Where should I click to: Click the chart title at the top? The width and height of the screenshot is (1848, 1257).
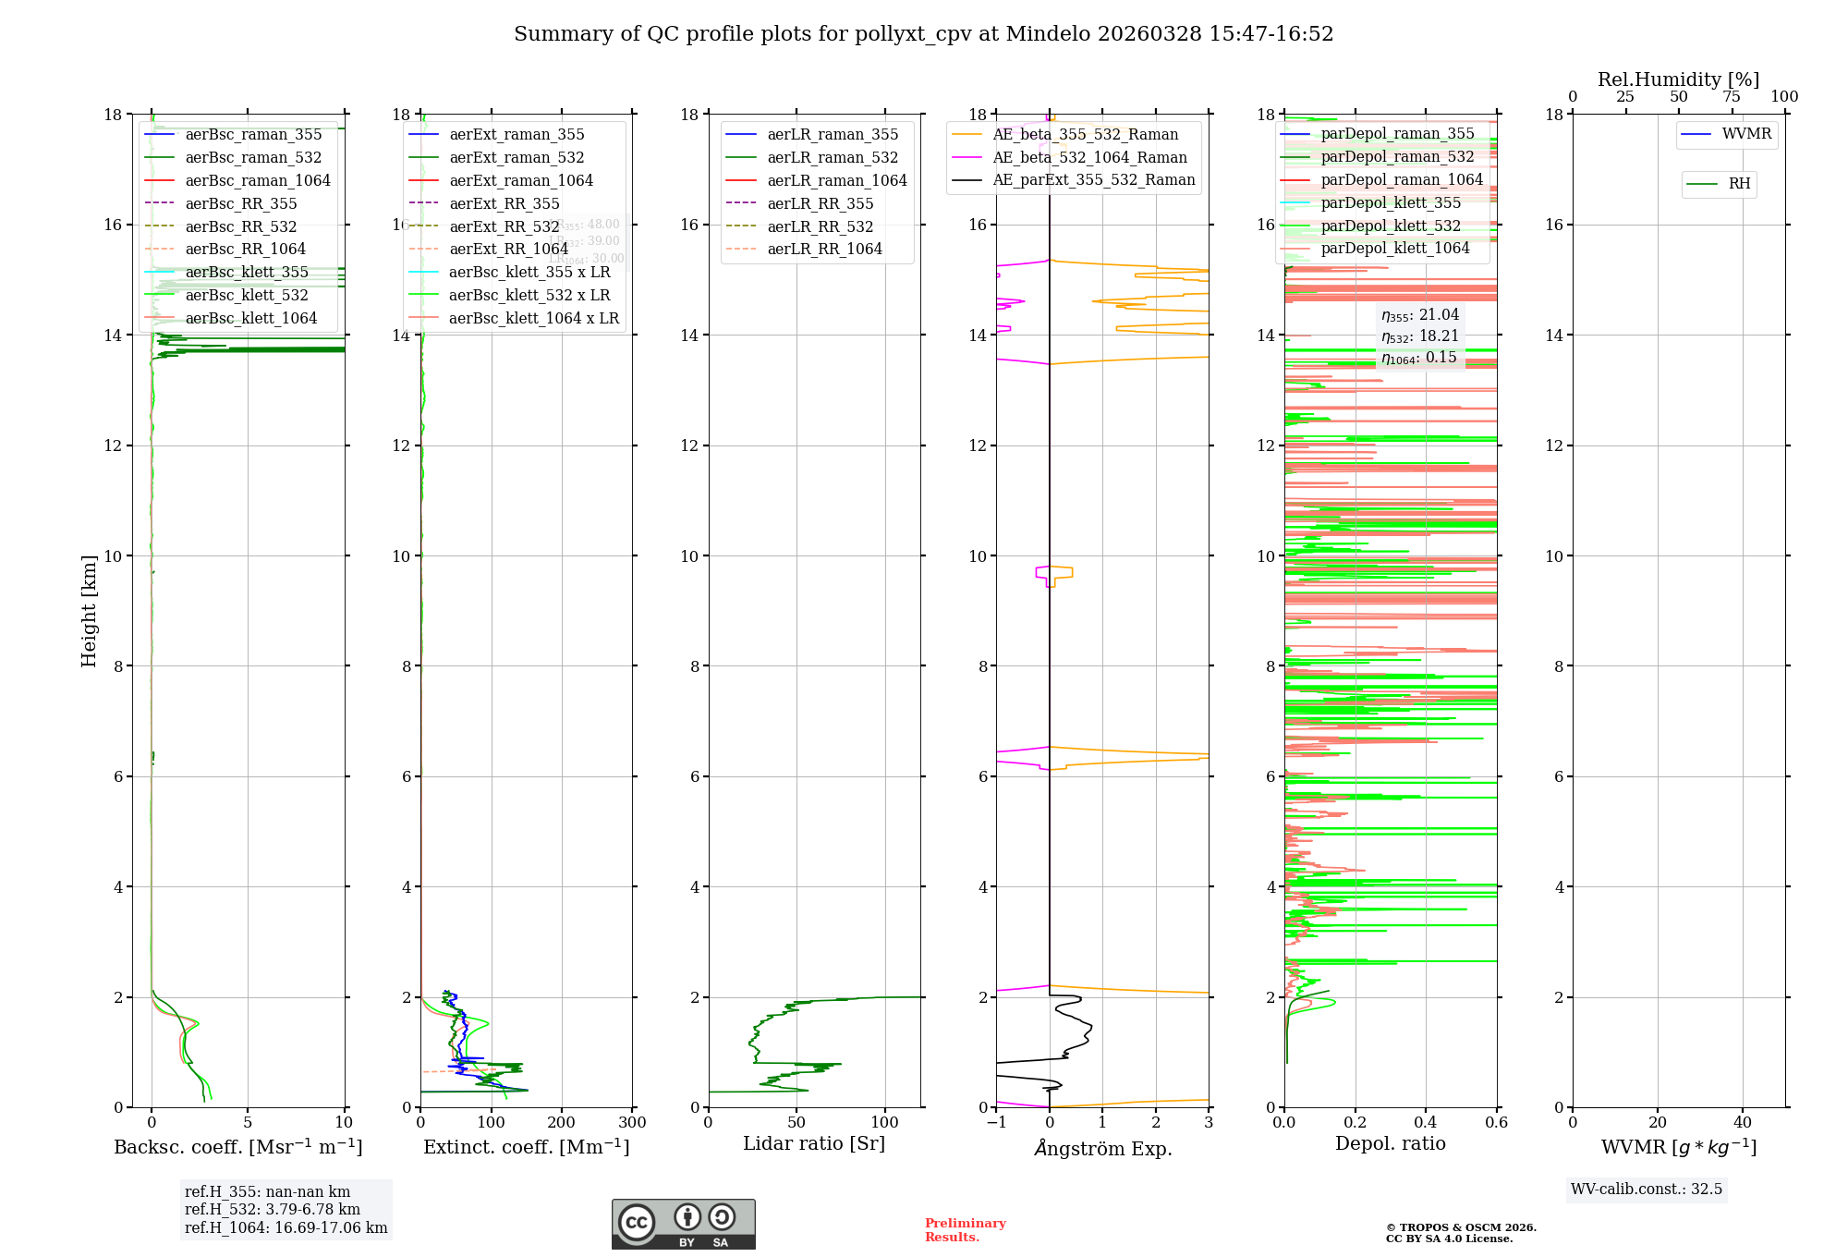923,34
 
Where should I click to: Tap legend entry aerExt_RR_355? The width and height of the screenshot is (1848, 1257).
504,203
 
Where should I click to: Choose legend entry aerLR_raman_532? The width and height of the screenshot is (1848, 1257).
832,157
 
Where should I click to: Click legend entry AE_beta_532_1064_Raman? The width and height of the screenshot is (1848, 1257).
1089,157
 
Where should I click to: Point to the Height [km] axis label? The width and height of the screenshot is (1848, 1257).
89,610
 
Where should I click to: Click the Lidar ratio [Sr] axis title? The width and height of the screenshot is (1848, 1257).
813,1143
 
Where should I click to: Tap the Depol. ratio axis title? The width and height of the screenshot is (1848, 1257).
1390,1143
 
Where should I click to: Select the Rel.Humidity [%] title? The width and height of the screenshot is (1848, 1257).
1678,79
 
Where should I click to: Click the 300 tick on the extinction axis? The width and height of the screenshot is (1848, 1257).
632,1122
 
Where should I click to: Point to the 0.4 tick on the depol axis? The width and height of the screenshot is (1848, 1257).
1426,1122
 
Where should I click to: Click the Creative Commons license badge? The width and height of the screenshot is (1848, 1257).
683,1224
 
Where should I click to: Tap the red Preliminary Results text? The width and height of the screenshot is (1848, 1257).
965,1230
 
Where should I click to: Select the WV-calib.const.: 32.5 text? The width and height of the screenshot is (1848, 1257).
1646,1189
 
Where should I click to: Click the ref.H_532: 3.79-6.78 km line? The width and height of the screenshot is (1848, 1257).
272,1209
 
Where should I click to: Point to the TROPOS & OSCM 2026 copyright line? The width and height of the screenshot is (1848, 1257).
1460,1227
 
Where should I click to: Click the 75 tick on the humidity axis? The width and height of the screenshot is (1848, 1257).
1732,97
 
